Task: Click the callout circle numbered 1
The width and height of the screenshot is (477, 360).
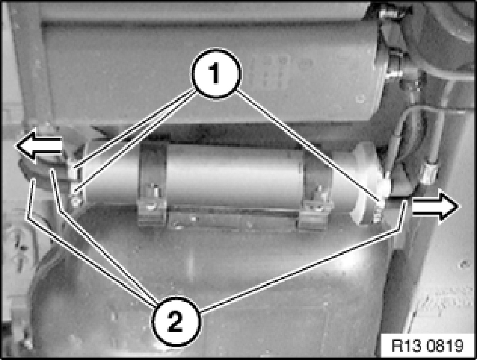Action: [x=216, y=73]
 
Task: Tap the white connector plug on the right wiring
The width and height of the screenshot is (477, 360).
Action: [x=429, y=173]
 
